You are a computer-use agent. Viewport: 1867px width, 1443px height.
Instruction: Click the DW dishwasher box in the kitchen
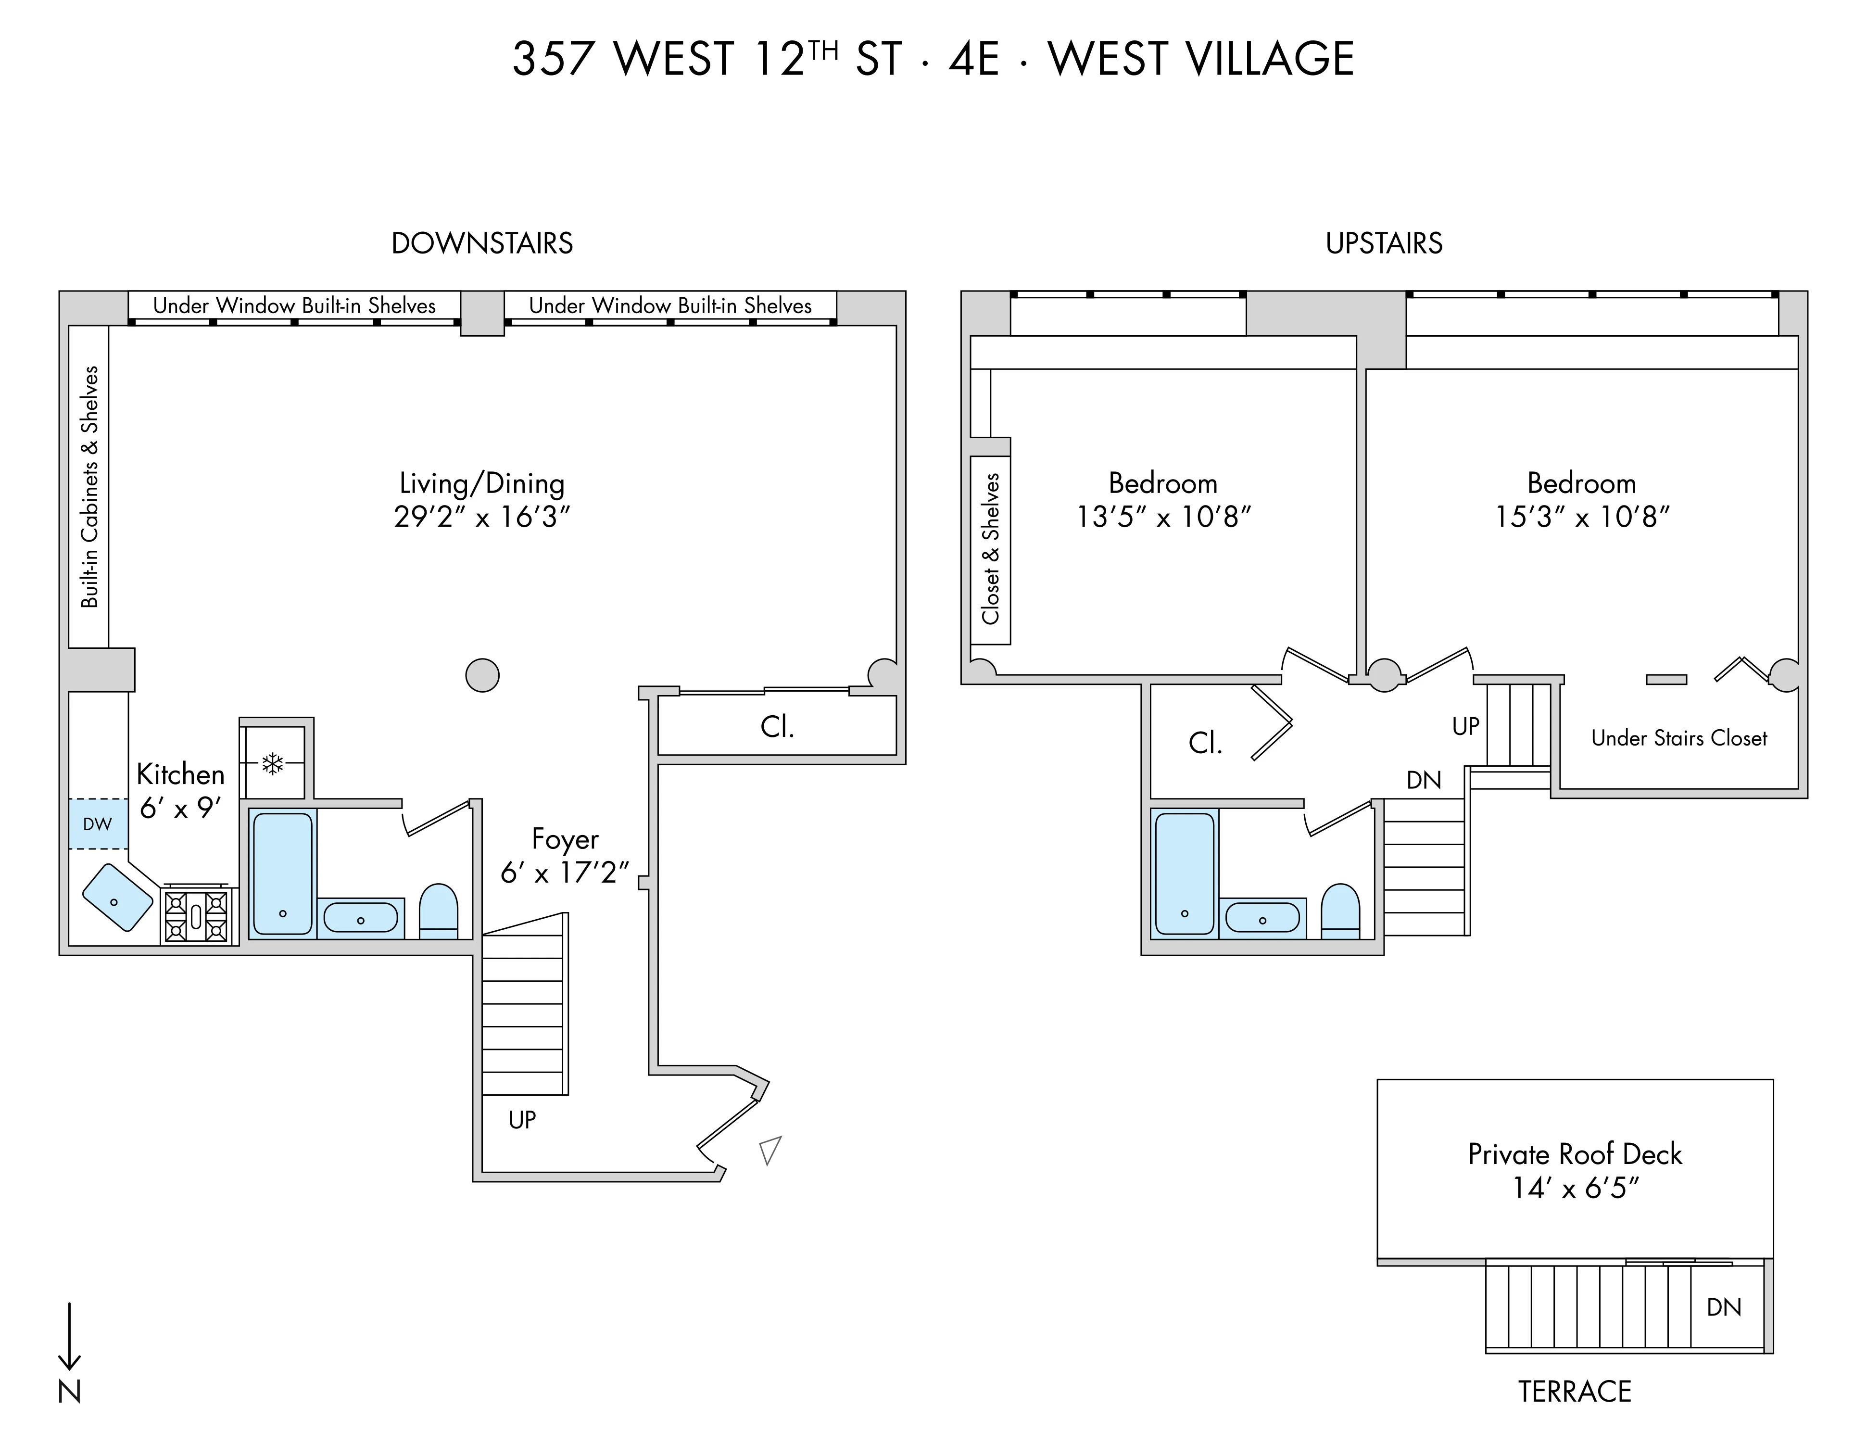(x=98, y=824)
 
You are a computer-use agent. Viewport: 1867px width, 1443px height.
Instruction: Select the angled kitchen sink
(x=118, y=898)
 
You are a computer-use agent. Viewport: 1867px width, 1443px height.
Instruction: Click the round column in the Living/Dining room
(x=482, y=675)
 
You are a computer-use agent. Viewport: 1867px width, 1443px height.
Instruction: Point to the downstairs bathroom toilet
(x=439, y=911)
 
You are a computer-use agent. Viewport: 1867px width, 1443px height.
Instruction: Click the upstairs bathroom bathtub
(x=1184, y=873)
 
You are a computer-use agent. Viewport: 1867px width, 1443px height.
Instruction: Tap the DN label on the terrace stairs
(x=1723, y=1307)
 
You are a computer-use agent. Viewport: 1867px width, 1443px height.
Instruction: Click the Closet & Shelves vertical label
(x=991, y=549)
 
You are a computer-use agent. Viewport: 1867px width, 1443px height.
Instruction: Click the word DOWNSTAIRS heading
(x=482, y=244)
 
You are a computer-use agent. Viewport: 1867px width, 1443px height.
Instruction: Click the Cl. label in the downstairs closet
(x=777, y=727)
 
